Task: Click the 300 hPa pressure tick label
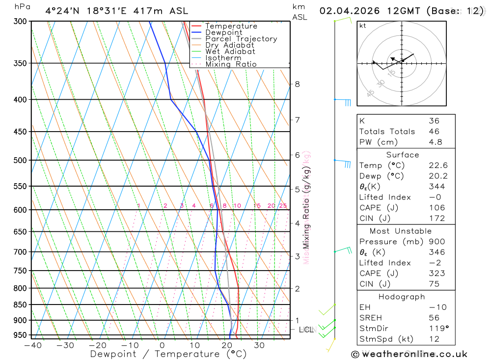[20, 21]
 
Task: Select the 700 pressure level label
[20, 252]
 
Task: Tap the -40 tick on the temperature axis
[32, 345]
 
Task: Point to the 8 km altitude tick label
[298, 84]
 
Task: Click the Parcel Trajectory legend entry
[241, 39]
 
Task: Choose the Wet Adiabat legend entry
[230, 52]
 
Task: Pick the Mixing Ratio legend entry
[231, 64]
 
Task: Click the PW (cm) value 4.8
[435, 142]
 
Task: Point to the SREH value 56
[434, 318]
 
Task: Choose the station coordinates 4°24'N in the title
[61, 11]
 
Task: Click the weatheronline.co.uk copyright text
[409, 354]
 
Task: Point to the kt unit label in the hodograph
[363, 26]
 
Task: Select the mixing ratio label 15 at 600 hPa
[257, 206]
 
